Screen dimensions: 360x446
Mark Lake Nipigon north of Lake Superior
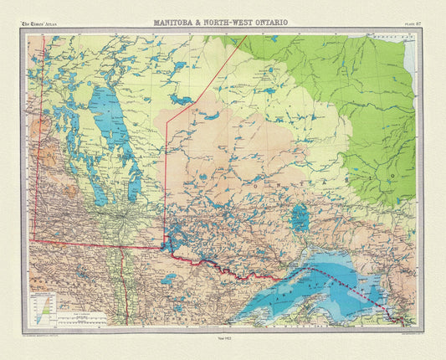[300, 219]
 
